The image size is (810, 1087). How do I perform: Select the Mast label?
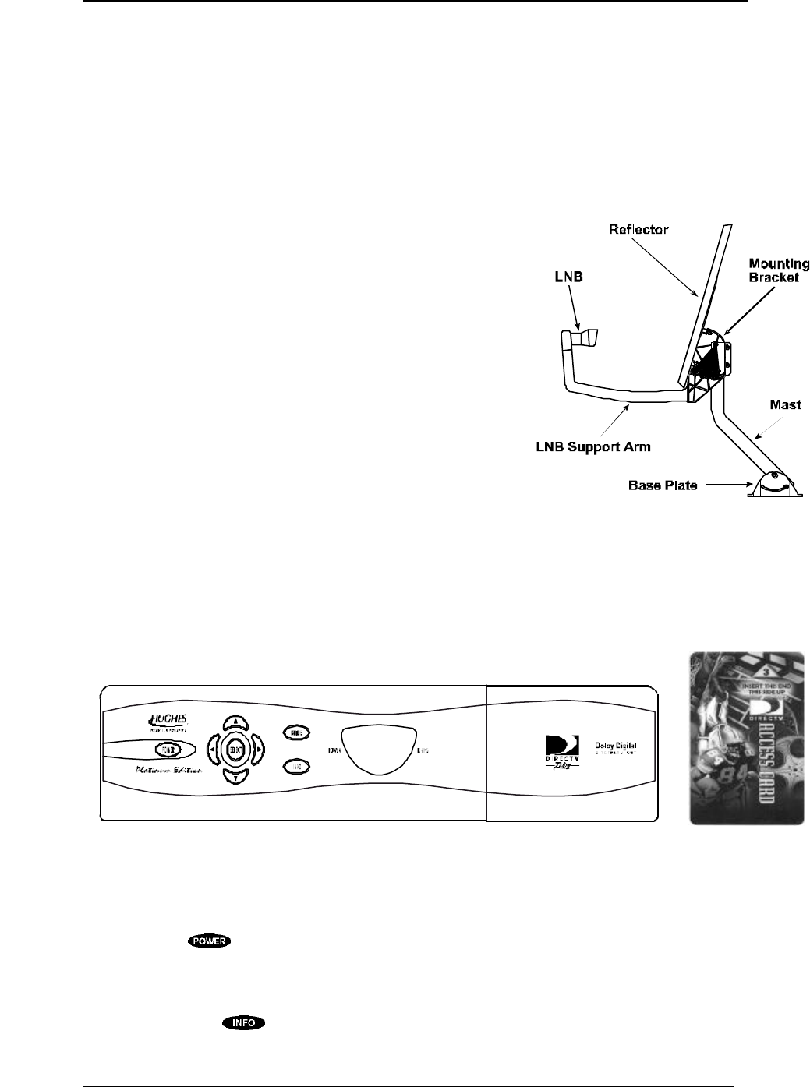pyautogui.click(x=786, y=406)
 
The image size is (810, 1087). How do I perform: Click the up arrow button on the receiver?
pyautogui.click(x=234, y=722)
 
